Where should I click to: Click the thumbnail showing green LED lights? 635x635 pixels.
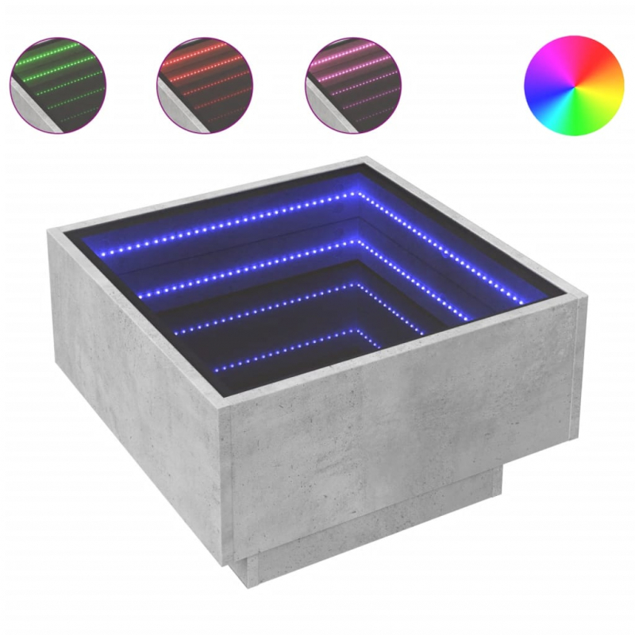click(x=57, y=83)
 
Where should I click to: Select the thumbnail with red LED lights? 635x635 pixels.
click(x=205, y=83)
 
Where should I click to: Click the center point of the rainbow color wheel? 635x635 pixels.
click(x=575, y=85)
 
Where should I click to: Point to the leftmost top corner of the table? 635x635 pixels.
click(x=49, y=230)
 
